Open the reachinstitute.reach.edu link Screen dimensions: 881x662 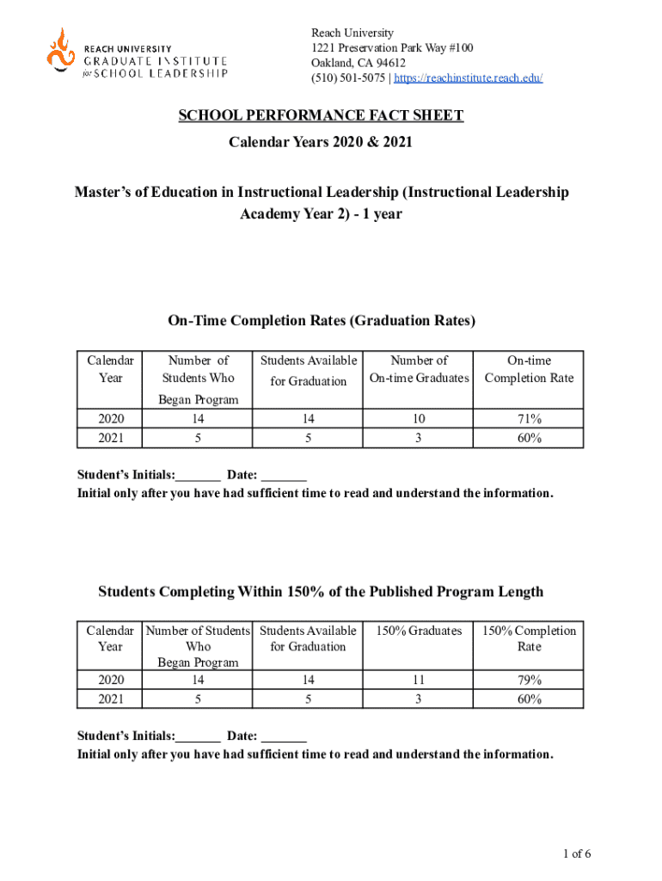tap(469, 78)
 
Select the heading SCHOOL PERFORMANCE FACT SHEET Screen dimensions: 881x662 tap(321, 116)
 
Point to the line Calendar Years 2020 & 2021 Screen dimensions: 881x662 tap(321, 141)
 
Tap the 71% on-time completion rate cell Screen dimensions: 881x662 tap(529, 419)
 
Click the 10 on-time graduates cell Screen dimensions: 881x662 tap(419, 419)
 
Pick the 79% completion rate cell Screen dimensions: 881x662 tap(529, 680)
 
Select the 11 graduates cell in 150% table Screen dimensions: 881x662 tap(419, 680)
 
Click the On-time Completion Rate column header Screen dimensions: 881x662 tap(529, 369)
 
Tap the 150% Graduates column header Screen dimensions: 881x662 tap(419, 631)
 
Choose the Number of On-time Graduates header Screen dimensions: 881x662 tap(419, 369)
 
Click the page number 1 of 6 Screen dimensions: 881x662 tap(577, 854)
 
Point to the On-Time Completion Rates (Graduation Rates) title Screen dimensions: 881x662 tap(321, 321)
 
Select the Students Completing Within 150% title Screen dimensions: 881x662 tap(321, 591)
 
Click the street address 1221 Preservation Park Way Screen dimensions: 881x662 tap(392, 47)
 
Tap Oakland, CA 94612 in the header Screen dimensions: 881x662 tap(359, 63)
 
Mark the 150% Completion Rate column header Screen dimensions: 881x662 tap(529, 638)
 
